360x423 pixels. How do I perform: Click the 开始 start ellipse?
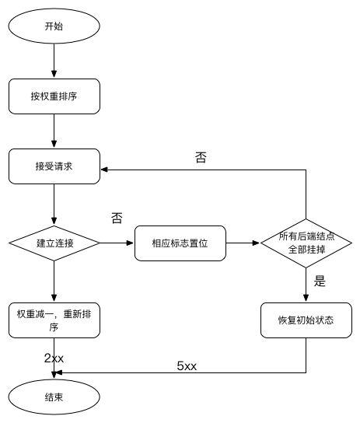pos(54,26)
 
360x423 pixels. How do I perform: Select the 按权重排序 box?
pos(54,96)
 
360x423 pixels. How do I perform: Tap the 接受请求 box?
pos(54,166)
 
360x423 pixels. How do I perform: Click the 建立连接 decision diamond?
pos(54,243)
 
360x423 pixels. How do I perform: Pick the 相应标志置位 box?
pos(180,243)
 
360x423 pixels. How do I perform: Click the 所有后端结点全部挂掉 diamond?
pos(306,243)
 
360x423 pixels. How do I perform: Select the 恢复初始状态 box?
pos(306,320)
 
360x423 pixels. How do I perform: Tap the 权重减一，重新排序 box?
pos(54,320)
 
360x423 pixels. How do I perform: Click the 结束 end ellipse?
pos(54,397)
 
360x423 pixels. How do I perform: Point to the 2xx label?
pos(54,358)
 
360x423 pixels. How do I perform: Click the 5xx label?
pos(187,366)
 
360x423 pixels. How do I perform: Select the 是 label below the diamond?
pos(320,281)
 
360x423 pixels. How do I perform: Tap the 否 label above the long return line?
pos(201,158)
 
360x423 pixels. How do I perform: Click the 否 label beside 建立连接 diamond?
pos(117,218)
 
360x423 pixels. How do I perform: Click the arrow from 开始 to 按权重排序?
pos(54,61)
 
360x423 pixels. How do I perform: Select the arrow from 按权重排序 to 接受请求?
pos(54,131)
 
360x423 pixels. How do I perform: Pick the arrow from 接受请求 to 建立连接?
pos(54,205)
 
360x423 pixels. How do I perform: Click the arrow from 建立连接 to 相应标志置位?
pos(117,243)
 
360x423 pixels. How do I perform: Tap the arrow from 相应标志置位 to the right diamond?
pos(243,243)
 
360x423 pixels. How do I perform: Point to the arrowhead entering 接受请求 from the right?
pos(104,170)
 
